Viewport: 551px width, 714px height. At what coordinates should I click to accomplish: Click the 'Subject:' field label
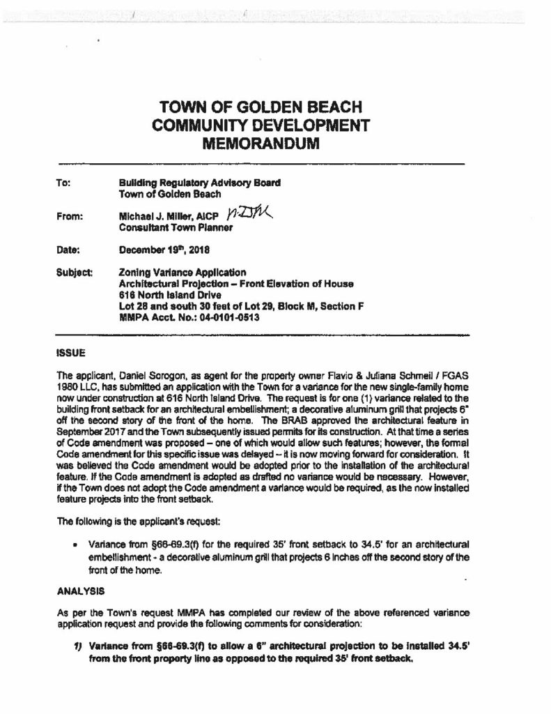click(71, 272)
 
